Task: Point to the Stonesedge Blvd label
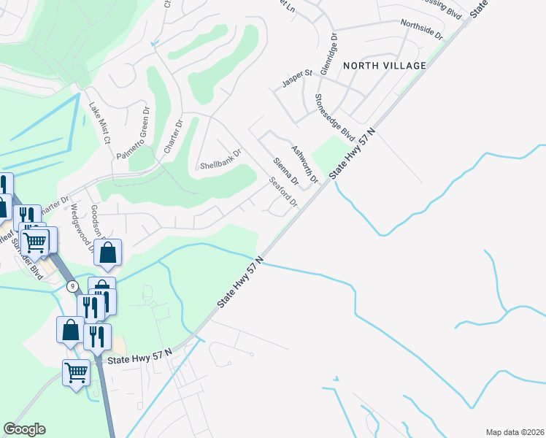pos(334,117)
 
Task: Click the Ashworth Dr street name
pos(305,164)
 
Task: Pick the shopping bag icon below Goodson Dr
pos(108,254)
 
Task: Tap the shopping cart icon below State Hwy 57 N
pos(77,373)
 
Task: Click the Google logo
pos(24,429)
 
